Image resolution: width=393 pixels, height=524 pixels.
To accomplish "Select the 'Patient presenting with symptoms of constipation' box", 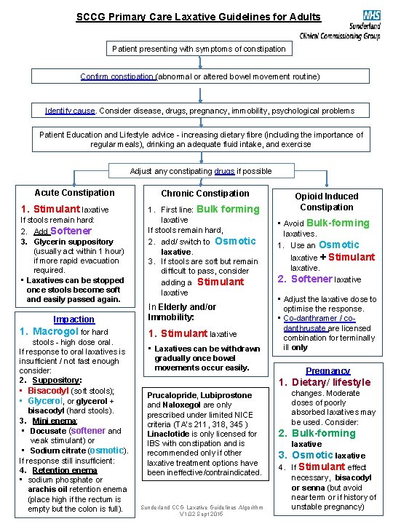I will (199, 49).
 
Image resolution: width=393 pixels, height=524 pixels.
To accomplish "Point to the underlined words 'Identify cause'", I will (70, 111).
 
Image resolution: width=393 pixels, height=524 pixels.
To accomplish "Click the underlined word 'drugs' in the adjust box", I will (225, 171).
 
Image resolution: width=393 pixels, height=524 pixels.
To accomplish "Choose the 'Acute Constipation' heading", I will (74, 193).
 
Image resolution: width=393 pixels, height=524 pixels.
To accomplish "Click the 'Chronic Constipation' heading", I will (205, 194).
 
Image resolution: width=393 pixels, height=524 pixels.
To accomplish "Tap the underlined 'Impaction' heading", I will (74, 319).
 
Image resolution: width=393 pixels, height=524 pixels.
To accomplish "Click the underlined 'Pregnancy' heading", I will (327, 370).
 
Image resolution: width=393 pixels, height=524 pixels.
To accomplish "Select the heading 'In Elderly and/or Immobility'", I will (182, 312).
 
